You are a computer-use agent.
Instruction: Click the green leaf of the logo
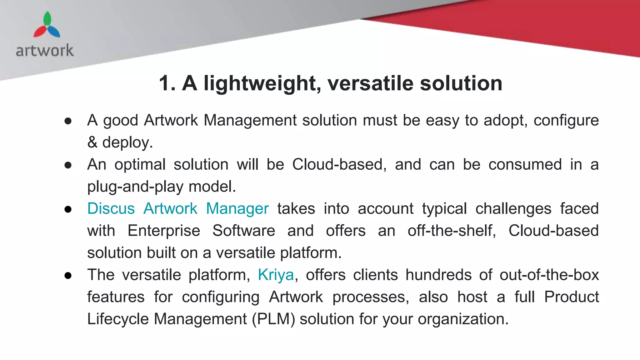click(47, 19)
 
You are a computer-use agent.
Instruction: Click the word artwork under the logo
click(45, 51)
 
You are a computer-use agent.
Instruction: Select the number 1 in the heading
click(165, 83)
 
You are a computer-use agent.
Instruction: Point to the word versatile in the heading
click(370, 83)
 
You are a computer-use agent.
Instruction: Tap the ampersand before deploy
click(92, 142)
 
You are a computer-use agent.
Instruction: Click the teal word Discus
click(111, 208)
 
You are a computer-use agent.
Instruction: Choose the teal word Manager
click(237, 208)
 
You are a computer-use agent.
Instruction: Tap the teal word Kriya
click(276, 275)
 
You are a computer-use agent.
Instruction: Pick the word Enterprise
click(164, 231)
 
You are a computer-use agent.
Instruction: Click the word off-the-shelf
click(452, 231)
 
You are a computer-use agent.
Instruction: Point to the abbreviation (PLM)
click(273, 319)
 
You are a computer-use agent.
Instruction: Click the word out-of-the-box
click(549, 275)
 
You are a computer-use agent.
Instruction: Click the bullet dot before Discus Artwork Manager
click(68, 209)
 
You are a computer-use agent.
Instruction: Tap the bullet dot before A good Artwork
click(68, 121)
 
